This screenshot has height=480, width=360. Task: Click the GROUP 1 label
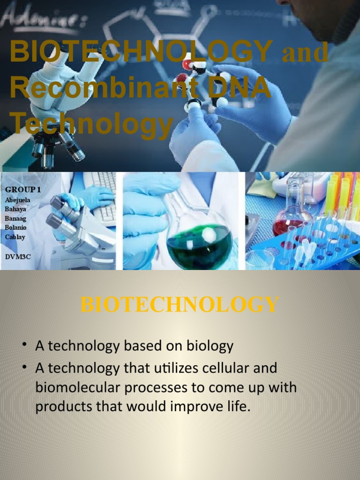click(x=21, y=189)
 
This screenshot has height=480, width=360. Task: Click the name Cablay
click(x=15, y=237)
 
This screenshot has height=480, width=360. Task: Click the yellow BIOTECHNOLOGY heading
click(x=180, y=305)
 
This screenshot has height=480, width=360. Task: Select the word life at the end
click(x=237, y=406)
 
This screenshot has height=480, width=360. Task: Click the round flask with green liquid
click(x=199, y=244)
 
